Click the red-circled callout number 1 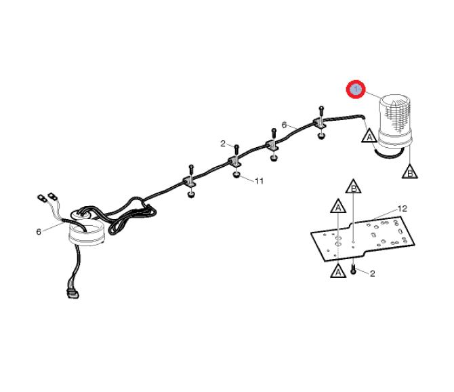356,90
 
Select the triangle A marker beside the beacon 369,136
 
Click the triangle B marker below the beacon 410,172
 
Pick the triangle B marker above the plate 354,187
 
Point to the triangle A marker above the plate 338,206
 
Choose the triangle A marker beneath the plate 338,271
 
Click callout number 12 403,209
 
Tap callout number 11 259,181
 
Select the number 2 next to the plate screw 373,273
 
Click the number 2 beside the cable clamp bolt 223,144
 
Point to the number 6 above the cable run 285,125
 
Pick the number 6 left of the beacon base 39,232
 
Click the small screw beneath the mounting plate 353,269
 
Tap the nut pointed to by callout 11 236,175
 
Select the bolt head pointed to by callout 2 236,147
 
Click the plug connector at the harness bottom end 73,294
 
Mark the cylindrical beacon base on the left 87,235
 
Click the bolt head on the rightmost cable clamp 321,109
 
